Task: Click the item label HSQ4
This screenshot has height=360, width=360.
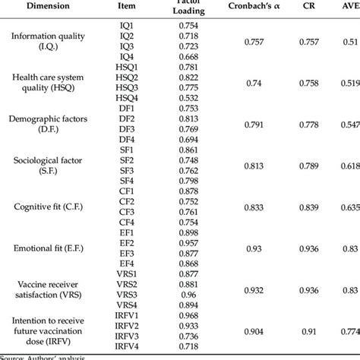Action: pyautogui.click(x=126, y=98)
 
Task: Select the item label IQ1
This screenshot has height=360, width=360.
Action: pyautogui.click(x=126, y=24)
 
